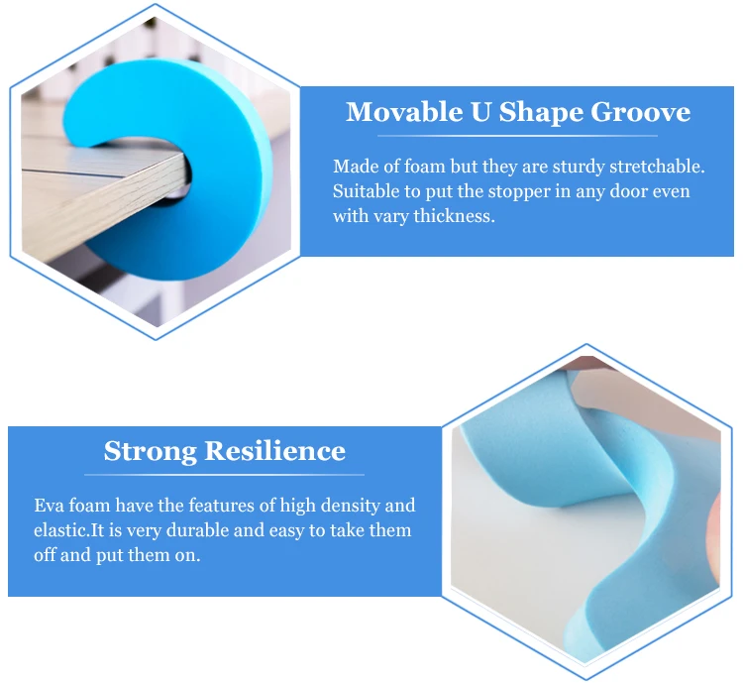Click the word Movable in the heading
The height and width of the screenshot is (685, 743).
click(404, 112)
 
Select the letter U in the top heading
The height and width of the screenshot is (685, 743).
click(480, 112)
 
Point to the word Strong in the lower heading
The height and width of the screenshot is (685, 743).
click(151, 451)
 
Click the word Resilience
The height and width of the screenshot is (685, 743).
click(275, 451)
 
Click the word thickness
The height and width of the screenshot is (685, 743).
click(455, 216)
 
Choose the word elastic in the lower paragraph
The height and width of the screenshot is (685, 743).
click(60, 530)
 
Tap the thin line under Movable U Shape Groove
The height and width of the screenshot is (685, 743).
click(517, 136)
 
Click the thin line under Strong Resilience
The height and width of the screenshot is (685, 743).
click(224, 475)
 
